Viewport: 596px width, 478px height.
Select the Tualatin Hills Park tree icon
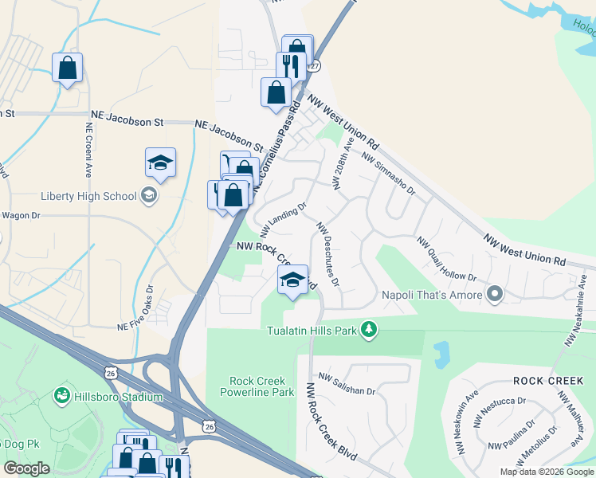click(368, 329)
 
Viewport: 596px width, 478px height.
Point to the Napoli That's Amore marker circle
click(495, 295)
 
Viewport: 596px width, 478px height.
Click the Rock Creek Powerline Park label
click(261, 387)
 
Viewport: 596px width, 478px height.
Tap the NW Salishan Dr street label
click(347, 384)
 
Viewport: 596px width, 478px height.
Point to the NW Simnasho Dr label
click(388, 174)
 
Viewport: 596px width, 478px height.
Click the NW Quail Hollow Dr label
click(445, 258)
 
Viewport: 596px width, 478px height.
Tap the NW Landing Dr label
click(282, 215)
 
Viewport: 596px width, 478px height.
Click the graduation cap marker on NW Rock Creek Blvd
click(292, 280)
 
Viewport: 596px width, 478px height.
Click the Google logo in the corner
click(27, 468)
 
